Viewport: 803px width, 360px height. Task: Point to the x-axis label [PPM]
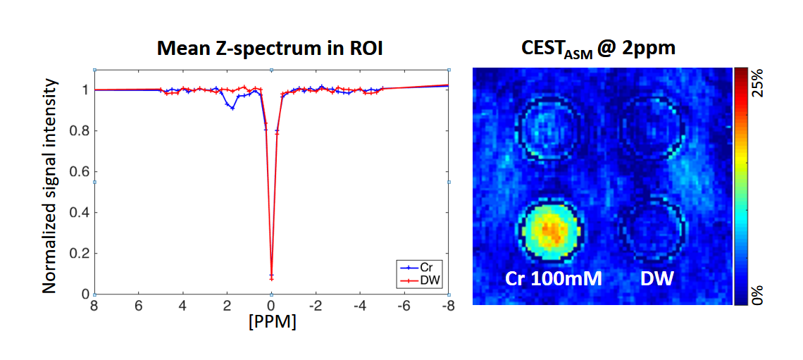(271, 324)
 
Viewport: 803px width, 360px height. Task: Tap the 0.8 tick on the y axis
(80, 130)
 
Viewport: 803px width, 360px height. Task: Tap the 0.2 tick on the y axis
(80, 254)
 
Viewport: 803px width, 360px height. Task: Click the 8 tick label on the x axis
(94, 306)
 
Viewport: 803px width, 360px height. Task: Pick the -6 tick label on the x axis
(403, 306)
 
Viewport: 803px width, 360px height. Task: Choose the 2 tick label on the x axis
(227, 306)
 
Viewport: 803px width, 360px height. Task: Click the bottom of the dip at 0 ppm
(271, 278)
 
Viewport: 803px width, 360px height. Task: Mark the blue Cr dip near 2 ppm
(232, 108)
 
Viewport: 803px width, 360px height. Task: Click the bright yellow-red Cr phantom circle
(550, 230)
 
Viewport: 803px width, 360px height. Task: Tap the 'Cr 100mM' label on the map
(553, 280)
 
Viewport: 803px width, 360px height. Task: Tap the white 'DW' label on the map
(656, 280)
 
